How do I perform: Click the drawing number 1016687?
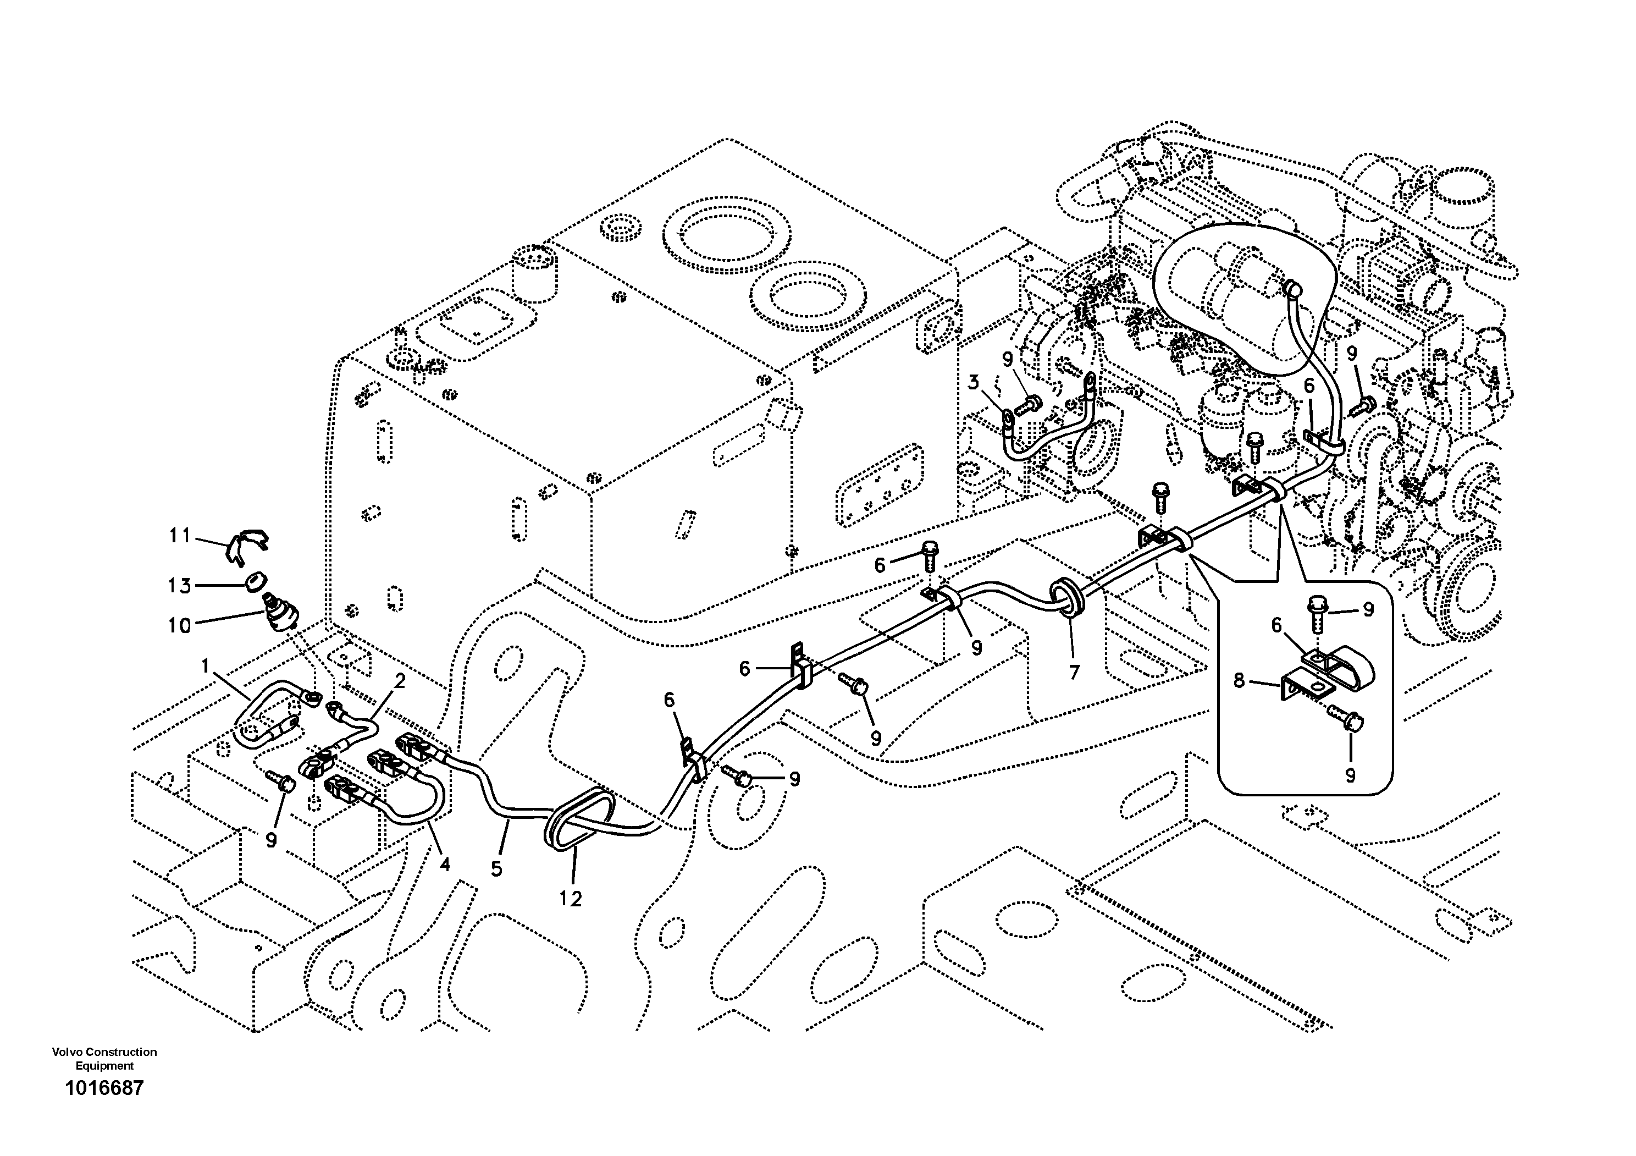104,1088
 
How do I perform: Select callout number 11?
180,535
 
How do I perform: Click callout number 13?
180,586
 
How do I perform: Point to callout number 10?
180,625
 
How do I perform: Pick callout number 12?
570,899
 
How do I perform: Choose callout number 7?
1074,671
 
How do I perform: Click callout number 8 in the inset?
1239,681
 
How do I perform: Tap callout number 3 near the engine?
974,383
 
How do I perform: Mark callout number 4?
445,865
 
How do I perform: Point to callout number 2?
400,681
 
